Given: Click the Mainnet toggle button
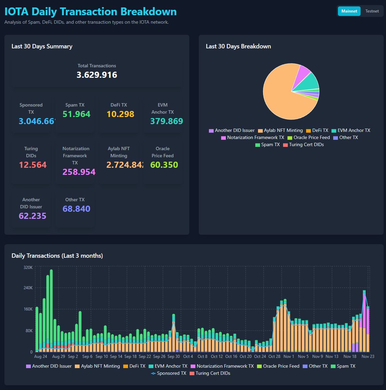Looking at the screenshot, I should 349,11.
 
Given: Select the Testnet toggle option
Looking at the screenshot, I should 372,11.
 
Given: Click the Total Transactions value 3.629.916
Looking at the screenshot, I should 97,75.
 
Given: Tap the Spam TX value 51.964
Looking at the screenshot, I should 77,114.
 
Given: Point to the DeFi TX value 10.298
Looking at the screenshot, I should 121,114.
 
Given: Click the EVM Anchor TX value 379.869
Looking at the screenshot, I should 167,121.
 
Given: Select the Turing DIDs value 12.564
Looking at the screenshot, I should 33,165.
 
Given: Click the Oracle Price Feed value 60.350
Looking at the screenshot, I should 164,165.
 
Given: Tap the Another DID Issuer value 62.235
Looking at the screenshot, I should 33,216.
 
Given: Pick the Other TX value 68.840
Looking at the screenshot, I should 77,209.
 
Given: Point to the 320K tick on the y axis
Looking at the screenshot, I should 28,267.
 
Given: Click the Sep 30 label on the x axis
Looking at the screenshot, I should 174,357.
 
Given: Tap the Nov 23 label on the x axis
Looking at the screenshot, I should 368,357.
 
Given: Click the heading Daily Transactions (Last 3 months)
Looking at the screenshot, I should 57,256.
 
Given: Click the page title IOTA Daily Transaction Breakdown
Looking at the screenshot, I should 90,12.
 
